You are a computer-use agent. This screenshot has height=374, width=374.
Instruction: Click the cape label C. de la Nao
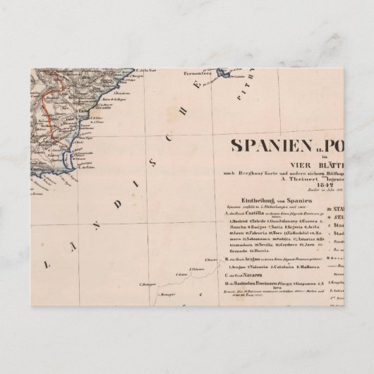click(148, 71)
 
